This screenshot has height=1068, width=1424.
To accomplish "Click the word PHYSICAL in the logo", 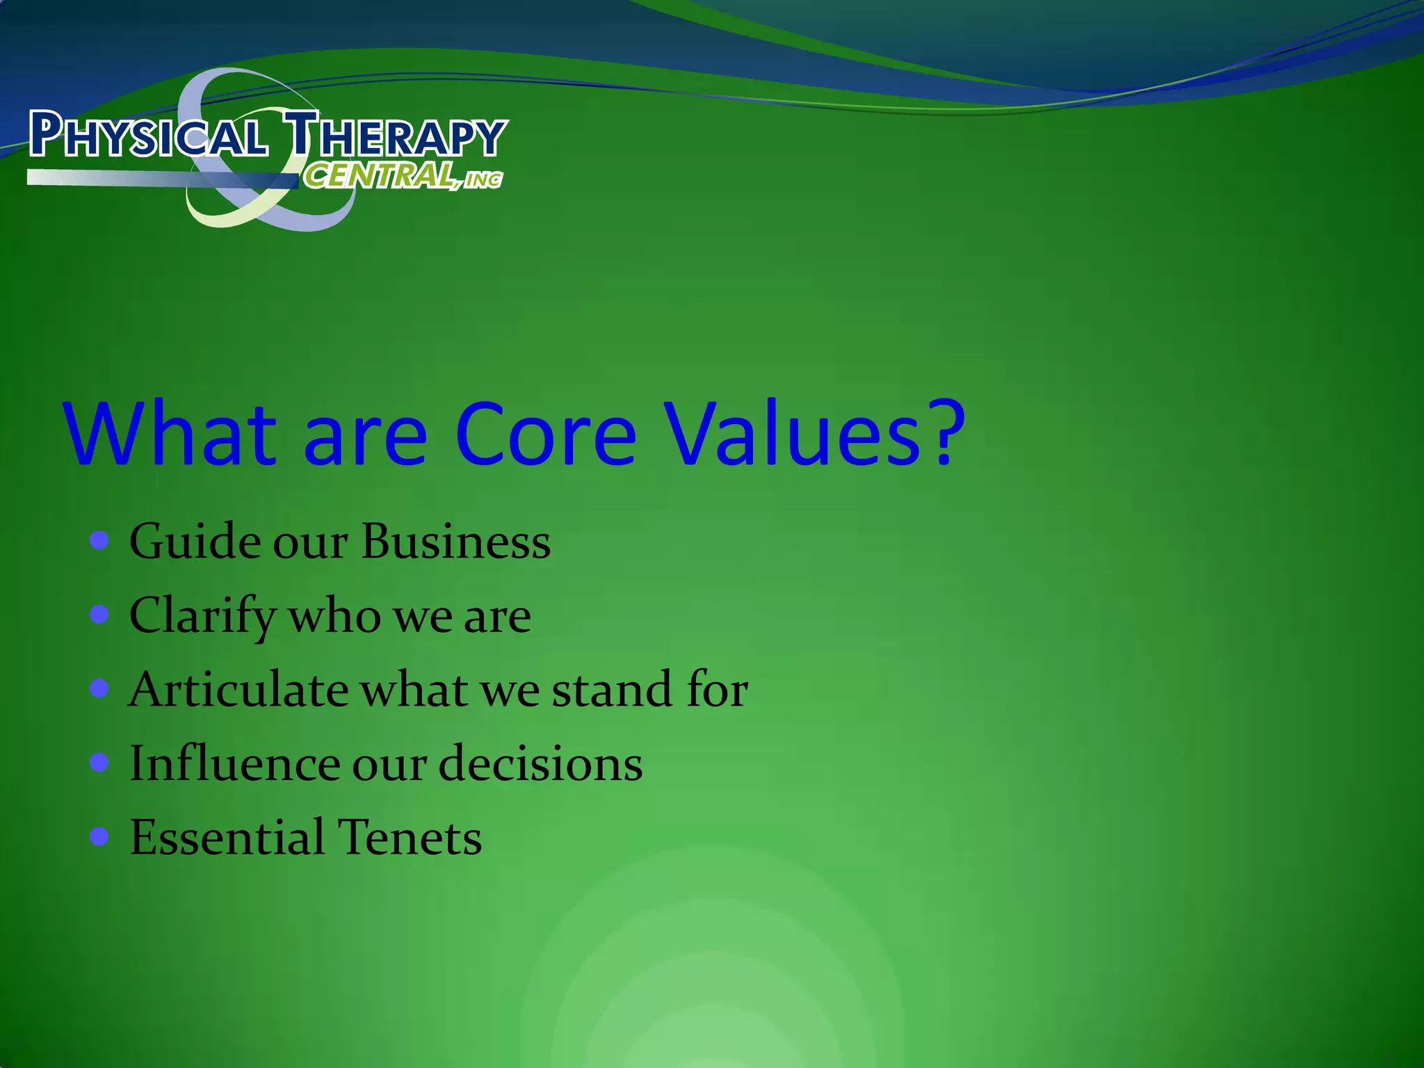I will coord(148,135).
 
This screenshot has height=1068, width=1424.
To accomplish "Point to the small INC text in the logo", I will coord(483,181).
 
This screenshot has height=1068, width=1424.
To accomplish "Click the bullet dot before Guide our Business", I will coord(99,540).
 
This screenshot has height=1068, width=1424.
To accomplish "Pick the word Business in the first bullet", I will coord(456,542).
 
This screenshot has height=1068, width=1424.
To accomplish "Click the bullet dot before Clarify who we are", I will coord(99,615).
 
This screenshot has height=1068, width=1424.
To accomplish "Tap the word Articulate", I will coord(238,690).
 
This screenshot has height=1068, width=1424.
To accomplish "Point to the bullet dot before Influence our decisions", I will coord(99,763).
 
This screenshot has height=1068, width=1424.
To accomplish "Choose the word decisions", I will coord(540,763).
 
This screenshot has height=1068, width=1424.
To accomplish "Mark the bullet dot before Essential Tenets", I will coord(99,836).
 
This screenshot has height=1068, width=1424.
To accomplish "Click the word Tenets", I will coord(410,837).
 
